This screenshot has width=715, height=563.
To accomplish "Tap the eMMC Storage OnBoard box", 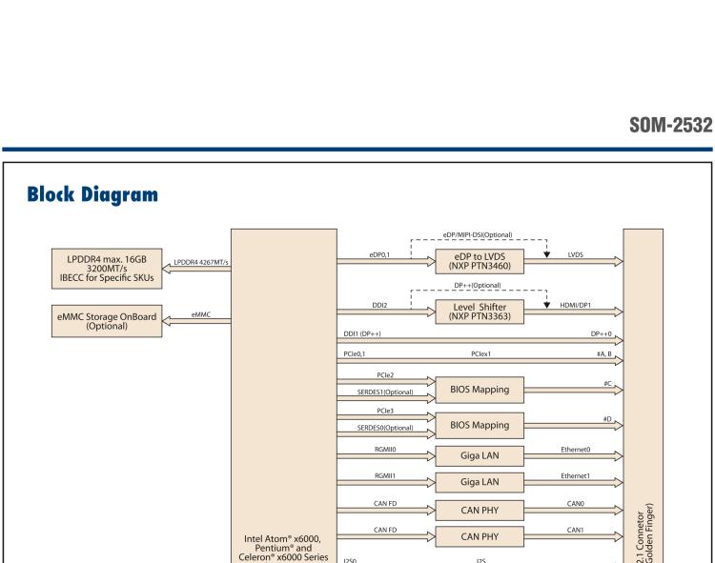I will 107,317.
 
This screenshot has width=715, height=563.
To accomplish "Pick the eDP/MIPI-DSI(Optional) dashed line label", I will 478,233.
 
